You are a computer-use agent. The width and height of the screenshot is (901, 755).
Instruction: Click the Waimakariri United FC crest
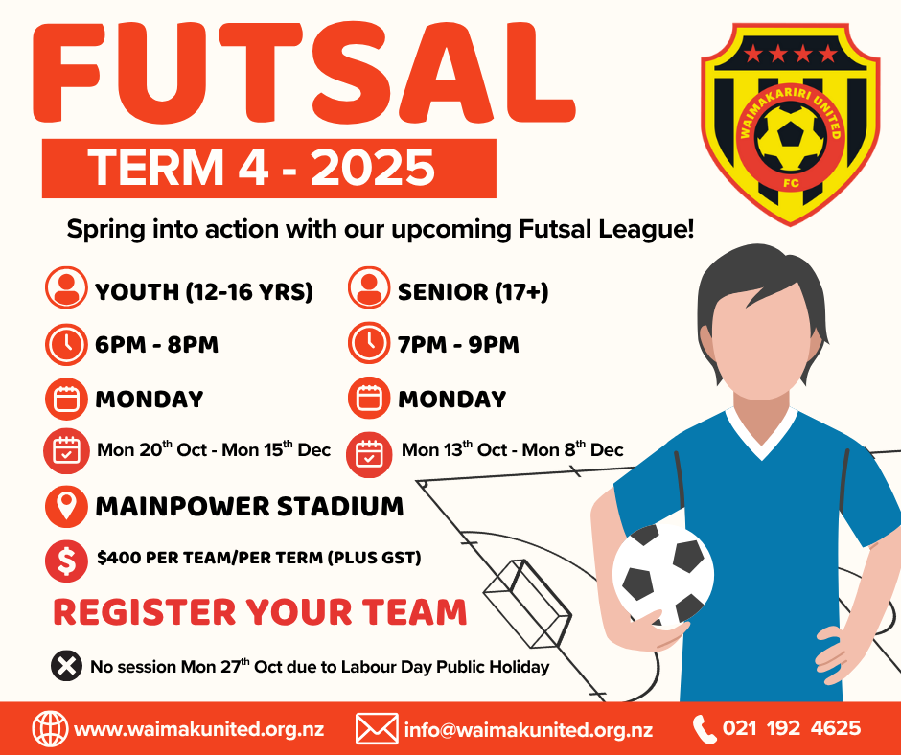point(790,125)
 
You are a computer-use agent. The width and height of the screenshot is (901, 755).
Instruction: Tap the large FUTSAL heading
point(304,73)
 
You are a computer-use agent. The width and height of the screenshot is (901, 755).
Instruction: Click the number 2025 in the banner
point(372,168)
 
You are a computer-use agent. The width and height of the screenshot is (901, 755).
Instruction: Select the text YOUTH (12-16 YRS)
point(204,291)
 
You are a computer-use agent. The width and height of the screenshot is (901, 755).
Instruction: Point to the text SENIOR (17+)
point(473,291)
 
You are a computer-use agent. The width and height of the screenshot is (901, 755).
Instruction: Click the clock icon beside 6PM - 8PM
point(67,344)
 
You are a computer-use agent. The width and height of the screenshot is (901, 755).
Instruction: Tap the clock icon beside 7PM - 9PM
point(369,343)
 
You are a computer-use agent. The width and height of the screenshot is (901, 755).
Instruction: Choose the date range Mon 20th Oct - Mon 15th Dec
point(214,448)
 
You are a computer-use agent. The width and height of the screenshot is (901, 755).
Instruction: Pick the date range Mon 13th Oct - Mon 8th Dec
point(512,448)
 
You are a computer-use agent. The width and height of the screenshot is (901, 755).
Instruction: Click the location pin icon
point(67,507)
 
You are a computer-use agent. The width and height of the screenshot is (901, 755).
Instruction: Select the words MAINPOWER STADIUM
point(249,506)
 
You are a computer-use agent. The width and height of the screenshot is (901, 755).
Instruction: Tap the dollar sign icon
point(67,561)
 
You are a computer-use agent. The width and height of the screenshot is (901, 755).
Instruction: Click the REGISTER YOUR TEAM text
point(260,612)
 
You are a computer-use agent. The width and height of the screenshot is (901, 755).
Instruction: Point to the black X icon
point(67,667)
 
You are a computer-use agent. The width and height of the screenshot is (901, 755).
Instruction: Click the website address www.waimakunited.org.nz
point(199,729)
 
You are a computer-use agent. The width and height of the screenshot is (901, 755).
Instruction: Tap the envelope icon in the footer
point(377,728)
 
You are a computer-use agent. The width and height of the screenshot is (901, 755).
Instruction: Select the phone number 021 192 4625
point(792,728)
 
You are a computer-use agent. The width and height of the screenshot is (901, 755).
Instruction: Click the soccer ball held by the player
point(663,575)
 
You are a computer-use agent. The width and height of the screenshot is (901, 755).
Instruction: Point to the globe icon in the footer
point(51,728)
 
